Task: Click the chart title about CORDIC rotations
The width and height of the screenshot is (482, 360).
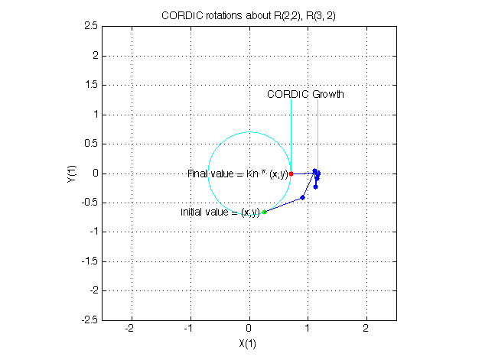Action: [x=249, y=15]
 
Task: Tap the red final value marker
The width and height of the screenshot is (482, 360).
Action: [x=291, y=174]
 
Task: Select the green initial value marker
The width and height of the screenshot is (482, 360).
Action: [x=264, y=212]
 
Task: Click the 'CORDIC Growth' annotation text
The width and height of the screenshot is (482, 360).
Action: [x=305, y=95]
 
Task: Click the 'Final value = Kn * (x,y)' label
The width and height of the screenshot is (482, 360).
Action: [x=237, y=174]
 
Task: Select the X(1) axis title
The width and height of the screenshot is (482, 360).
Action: [x=249, y=343]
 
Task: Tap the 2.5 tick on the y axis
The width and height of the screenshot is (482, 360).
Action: [x=89, y=26]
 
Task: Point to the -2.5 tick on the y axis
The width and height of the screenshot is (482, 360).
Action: [x=87, y=320]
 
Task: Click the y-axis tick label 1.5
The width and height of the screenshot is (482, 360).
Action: [x=89, y=85]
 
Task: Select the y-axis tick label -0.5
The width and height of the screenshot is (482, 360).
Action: [x=87, y=203]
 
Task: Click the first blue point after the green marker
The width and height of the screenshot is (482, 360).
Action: [x=303, y=197]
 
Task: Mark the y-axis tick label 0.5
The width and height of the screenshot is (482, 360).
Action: [x=89, y=144]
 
